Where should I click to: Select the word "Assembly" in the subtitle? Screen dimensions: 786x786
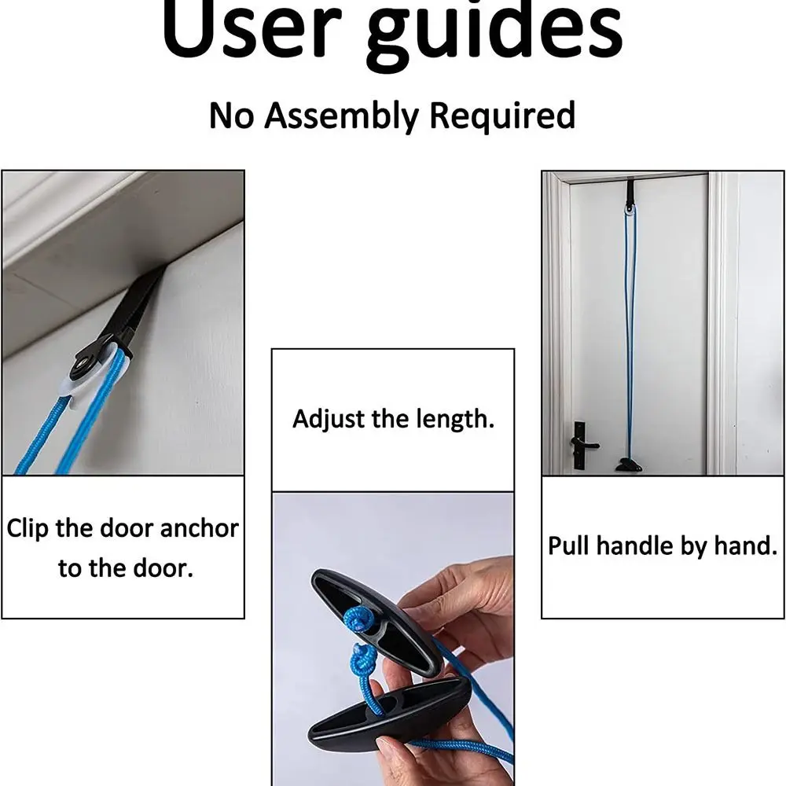coord(341,116)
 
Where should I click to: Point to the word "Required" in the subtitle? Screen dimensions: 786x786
coord(502,116)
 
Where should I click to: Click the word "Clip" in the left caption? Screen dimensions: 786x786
coord(28,529)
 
